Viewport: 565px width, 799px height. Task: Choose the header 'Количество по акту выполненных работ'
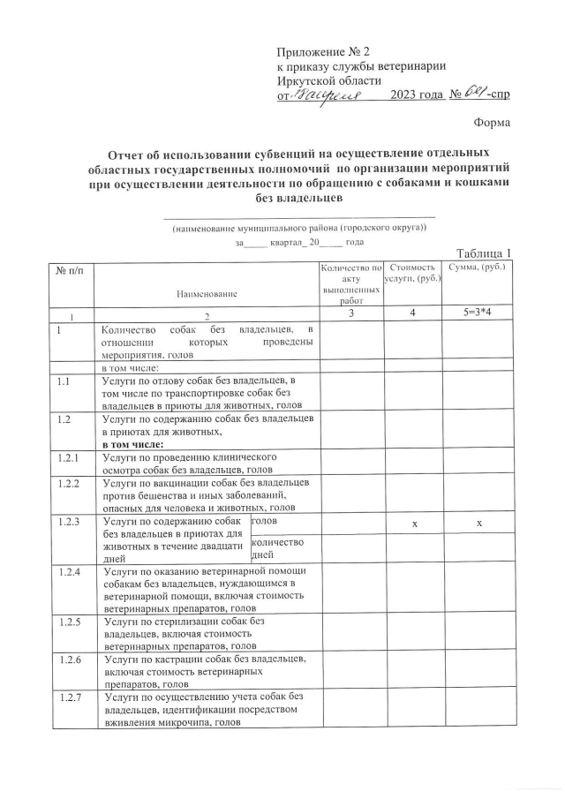pyautogui.click(x=351, y=283)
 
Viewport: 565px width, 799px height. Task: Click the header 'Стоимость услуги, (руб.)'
pyautogui.click(x=413, y=272)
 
